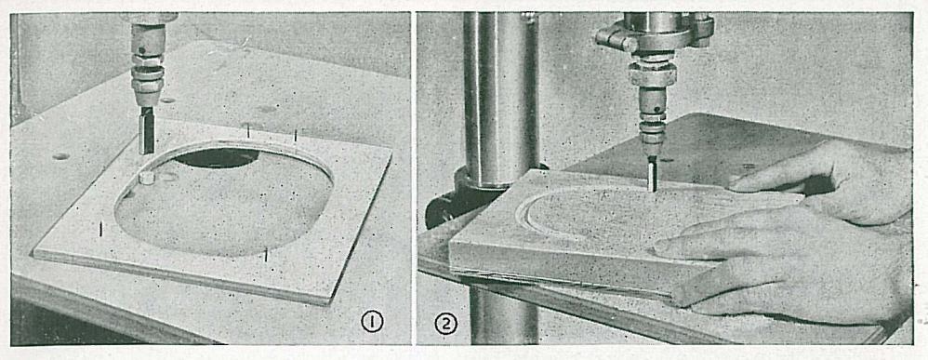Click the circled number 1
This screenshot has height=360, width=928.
(372, 322)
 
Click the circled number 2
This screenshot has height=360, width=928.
(446, 324)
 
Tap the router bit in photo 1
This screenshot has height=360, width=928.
(146, 129)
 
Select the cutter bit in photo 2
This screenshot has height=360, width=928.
(652, 174)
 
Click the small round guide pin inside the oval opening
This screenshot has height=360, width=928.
(146, 177)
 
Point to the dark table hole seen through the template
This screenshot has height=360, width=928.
(217, 157)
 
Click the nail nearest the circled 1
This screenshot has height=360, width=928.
(266, 255)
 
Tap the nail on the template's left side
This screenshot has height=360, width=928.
(100, 229)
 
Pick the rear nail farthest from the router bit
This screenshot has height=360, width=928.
(296, 136)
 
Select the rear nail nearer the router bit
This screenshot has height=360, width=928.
(248, 130)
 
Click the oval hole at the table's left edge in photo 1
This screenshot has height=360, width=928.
(60, 157)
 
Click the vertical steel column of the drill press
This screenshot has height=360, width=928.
(500, 95)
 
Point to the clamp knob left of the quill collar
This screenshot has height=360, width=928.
(608, 37)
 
